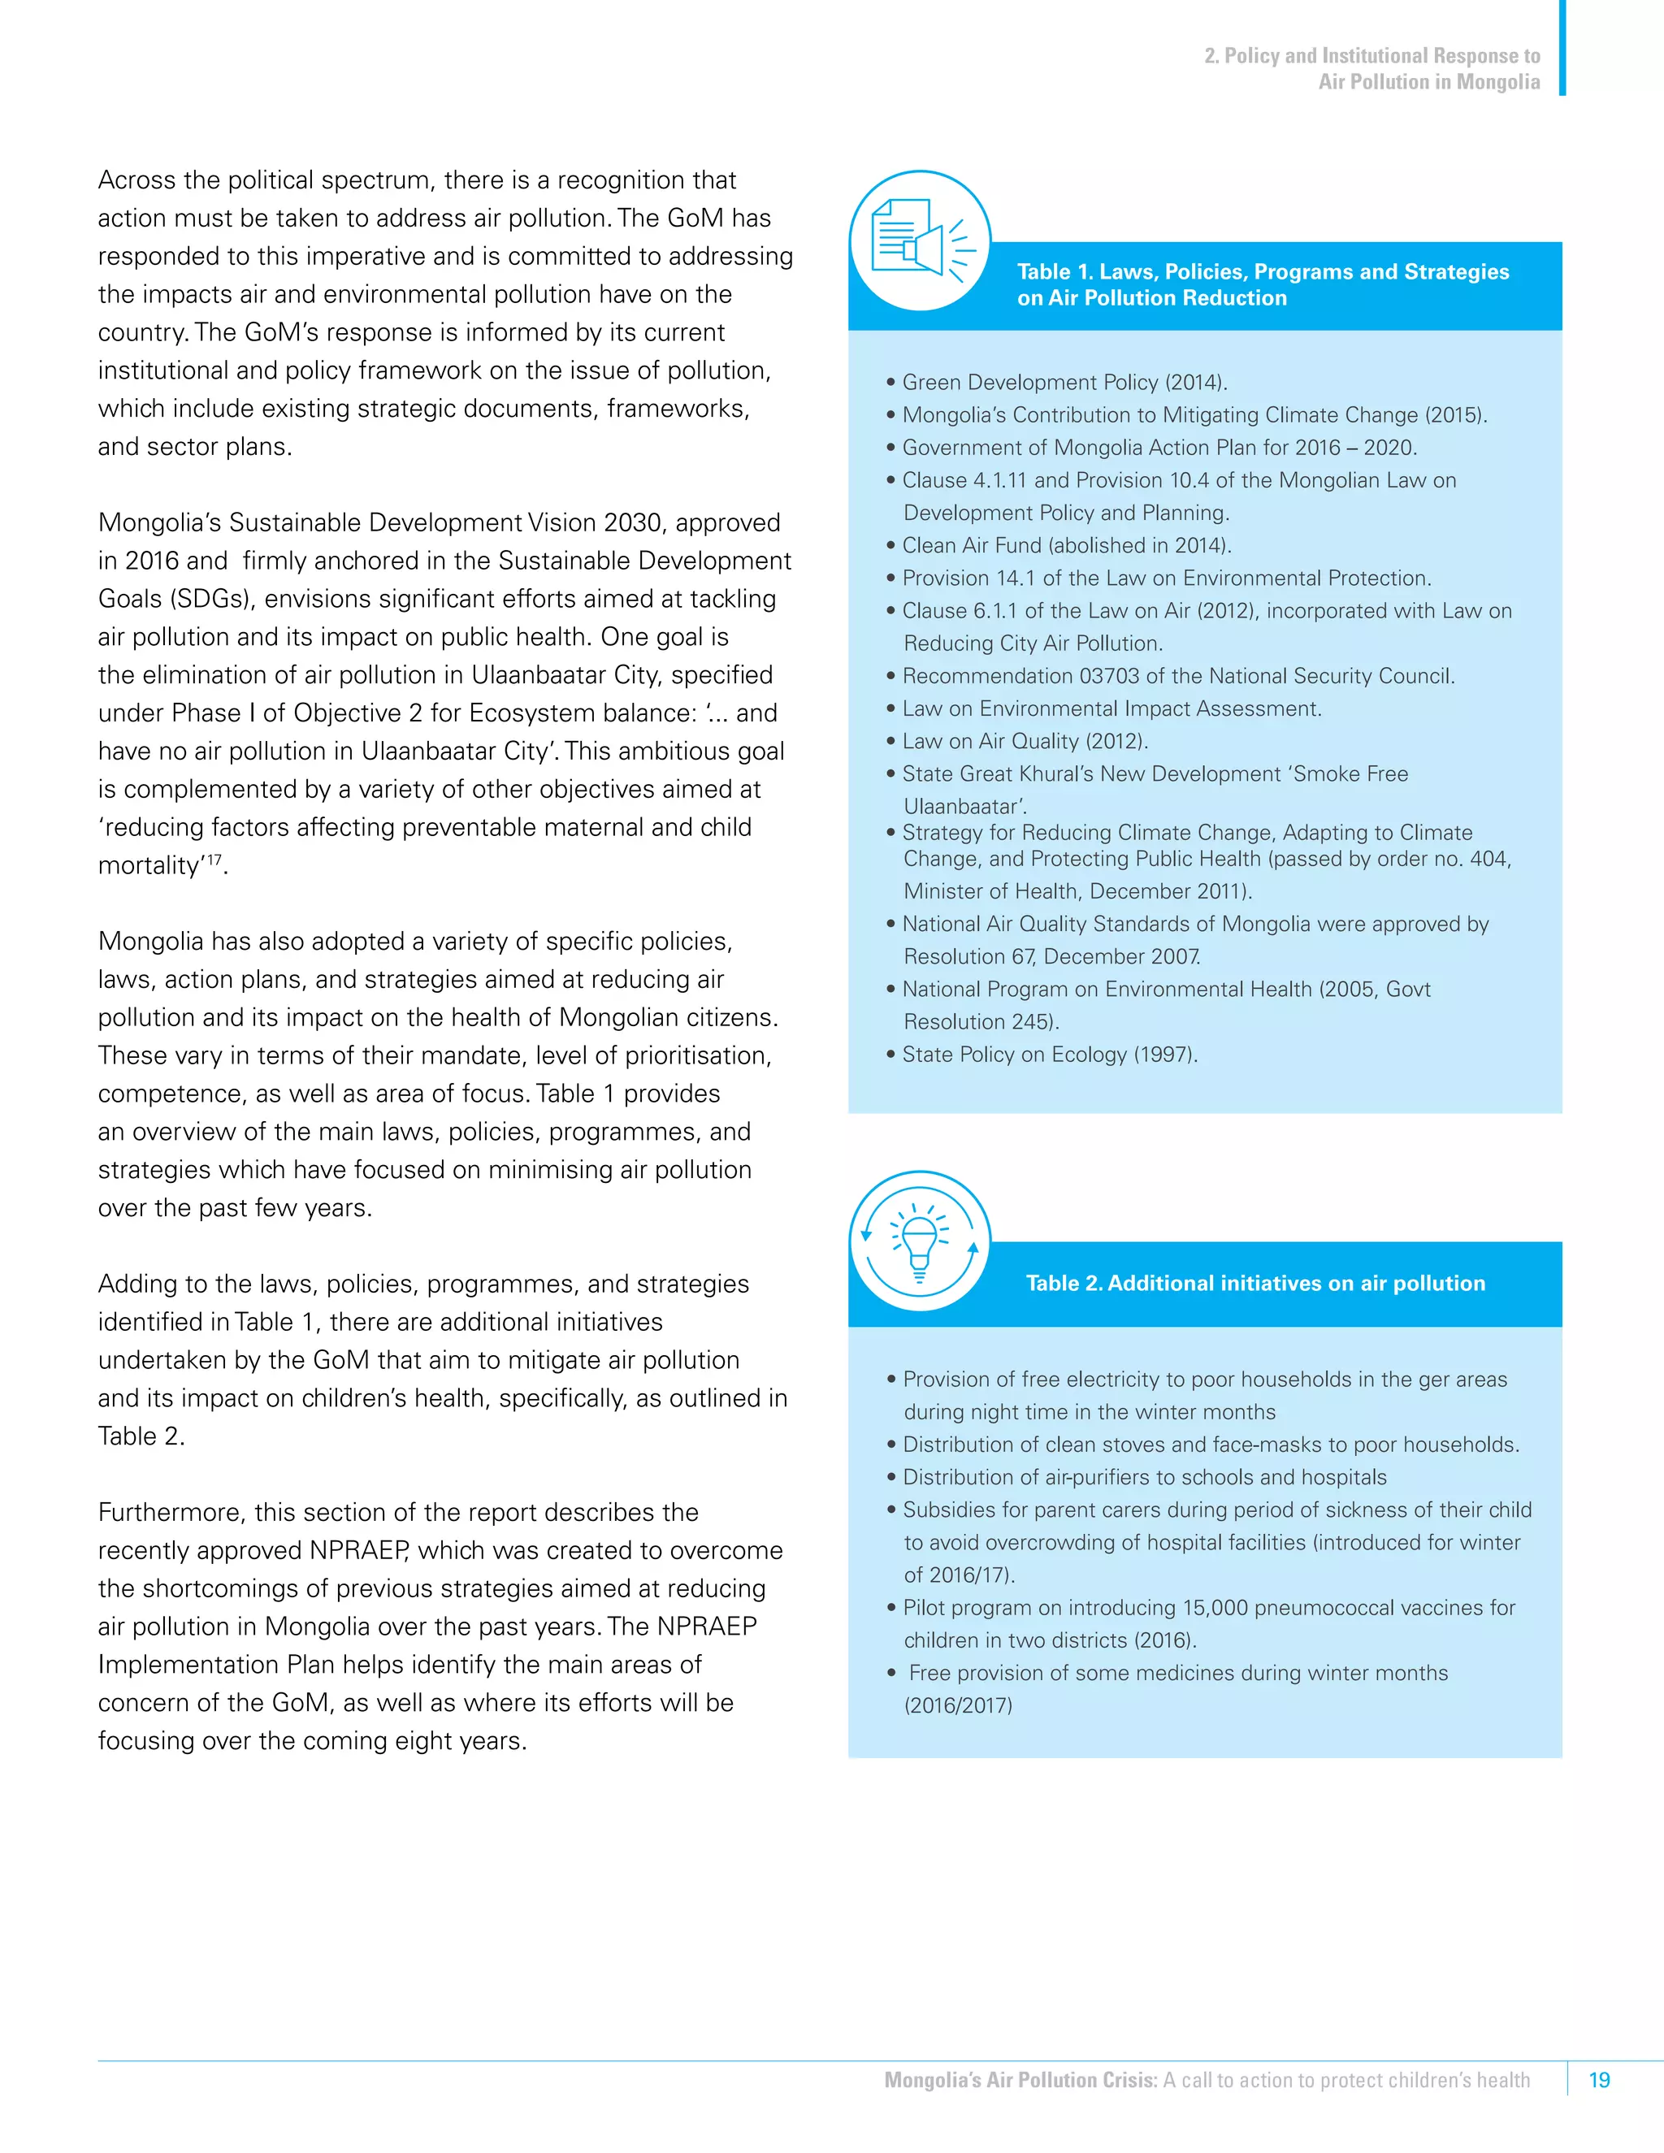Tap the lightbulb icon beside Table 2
point(919,1241)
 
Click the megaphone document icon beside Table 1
point(919,240)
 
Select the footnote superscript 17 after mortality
point(213,859)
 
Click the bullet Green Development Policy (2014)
point(1064,383)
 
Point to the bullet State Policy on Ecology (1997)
point(1049,1055)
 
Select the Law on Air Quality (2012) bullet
point(1025,741)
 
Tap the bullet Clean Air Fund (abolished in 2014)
point(1066,545)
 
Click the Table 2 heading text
point(1254,1283)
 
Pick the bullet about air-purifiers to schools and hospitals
point(1143,1477)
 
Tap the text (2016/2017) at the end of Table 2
point(958,1705)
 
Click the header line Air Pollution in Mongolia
point(1428,82)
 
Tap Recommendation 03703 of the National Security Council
point(1177,676)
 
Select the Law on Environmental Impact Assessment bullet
point(1111,708)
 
